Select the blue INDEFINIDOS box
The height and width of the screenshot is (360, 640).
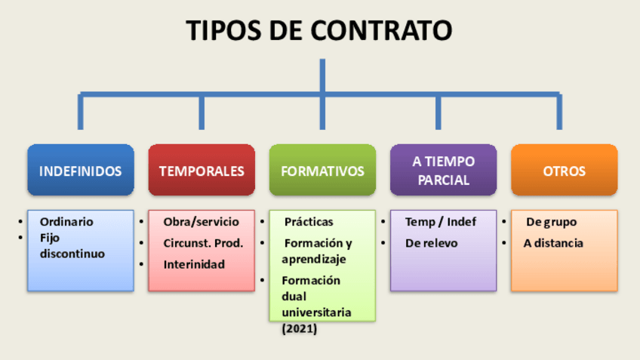80,171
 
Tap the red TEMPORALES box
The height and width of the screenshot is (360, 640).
202,171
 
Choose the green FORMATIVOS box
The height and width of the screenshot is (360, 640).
322,171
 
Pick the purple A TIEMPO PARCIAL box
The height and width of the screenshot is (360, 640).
443,171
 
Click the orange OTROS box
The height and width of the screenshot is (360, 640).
564,171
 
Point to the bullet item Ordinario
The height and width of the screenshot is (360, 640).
66,222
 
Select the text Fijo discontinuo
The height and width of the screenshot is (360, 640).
72,246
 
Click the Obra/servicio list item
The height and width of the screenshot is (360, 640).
201,222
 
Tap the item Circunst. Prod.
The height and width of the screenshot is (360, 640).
203,243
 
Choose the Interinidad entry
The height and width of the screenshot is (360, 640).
194,264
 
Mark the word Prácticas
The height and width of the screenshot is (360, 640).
309,222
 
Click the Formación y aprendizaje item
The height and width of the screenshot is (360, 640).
316,251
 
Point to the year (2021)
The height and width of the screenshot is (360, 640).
300,329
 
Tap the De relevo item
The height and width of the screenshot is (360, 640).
431,243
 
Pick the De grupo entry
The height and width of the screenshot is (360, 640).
551,222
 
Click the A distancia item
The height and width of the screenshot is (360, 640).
553,243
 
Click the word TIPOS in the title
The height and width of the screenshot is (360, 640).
223,30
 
